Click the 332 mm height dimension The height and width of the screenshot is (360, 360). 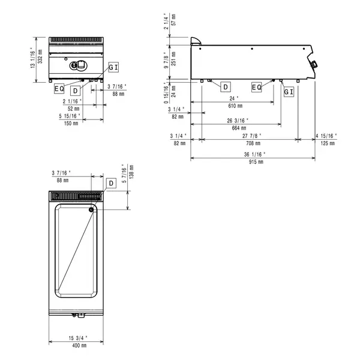pos(40,57)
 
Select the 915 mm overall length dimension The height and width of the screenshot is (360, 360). pos(257,162)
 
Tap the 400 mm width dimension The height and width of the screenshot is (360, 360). pos(80,346)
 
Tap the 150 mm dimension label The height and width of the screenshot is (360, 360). pos(71,123)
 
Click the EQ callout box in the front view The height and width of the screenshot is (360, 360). pos(59,88)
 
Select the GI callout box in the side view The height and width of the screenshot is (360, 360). pos(289,91)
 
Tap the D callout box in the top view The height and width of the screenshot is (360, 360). pos(111,182)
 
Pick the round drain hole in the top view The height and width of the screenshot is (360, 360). pos(91,209)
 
